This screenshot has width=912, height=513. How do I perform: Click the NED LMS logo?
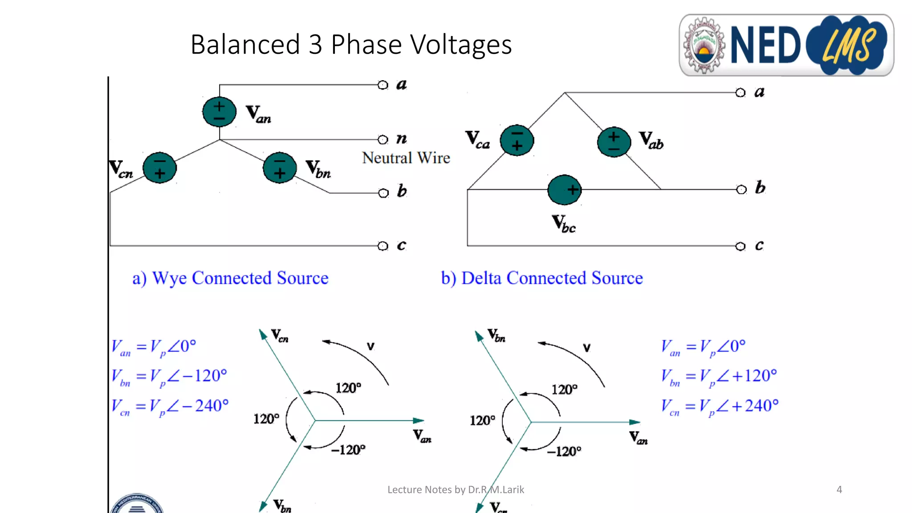(786, 45)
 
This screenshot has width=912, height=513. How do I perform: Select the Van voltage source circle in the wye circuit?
(219, 112)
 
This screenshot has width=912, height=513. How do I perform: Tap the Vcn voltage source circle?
(159, 168)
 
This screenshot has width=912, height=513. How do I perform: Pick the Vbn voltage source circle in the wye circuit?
(280, 168)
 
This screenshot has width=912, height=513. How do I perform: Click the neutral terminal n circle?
(383, 139)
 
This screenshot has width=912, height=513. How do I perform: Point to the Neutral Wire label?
(406, 158)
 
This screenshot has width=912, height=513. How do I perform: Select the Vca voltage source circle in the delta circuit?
(517, 140)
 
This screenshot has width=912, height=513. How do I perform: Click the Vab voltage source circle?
(614, 142)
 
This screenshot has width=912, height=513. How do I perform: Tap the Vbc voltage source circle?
(564, 190)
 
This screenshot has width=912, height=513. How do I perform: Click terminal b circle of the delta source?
(741, 190)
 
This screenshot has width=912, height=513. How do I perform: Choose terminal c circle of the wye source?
(383, 246)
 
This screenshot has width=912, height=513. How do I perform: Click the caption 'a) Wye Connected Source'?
(230, 278)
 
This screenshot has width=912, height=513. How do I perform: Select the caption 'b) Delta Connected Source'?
(541, 278)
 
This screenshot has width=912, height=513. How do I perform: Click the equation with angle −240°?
(170, 406)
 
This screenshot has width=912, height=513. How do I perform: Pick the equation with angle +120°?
(719, 376)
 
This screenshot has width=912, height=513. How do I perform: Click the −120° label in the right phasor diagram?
(564, 451)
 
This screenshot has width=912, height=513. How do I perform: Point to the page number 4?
(839, 489)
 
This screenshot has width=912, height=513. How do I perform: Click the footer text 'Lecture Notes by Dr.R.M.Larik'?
(456, 489)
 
